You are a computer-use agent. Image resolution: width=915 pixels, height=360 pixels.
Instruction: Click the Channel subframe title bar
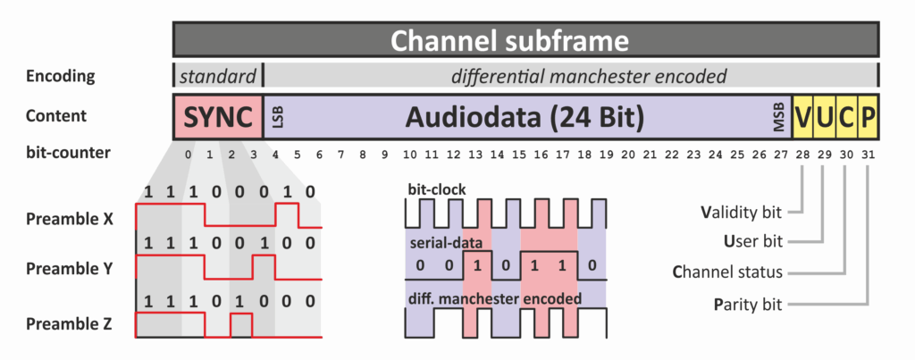[525, 40]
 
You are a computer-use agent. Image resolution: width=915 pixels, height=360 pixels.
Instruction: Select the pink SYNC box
[217, 117]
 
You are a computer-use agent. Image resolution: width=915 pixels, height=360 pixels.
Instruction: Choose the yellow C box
[846, 117]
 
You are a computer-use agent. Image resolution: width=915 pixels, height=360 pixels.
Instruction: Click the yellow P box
[868, 117]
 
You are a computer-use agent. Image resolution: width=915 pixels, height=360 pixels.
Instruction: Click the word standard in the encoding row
[217, 76]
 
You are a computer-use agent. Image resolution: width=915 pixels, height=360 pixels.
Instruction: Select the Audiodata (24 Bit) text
[525, 117]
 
